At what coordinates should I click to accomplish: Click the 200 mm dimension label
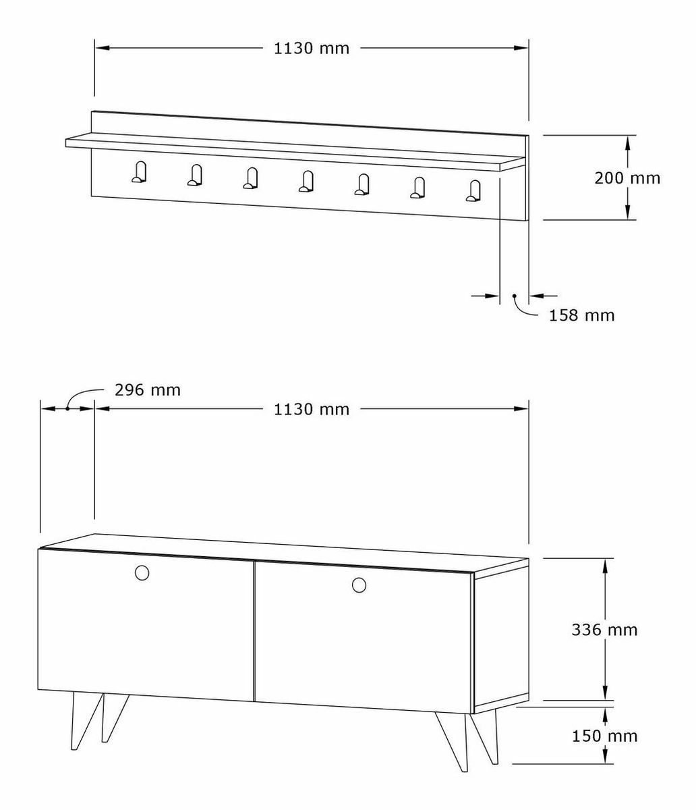tap(627, 178)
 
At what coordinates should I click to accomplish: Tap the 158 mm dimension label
tap(582, 315)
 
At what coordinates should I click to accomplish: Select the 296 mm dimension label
tap(148, 390)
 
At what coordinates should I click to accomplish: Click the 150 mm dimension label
tap(604, 736)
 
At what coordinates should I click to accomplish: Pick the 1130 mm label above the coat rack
tap(311, 48)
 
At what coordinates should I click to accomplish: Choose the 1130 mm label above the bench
tap(311, 409)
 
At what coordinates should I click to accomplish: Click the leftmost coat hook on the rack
tap(139, 172)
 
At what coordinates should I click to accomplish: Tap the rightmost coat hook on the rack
tap(473, 191)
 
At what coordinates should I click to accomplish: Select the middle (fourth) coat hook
tap(306, 182)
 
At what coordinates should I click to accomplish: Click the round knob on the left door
tap(142, 573)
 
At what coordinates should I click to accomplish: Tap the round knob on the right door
tap(359, 585)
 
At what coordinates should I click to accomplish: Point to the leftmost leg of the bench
tap(87, 722)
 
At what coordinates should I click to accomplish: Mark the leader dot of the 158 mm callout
tap(515, 296)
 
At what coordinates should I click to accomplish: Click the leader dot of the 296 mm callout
tap(67, 409)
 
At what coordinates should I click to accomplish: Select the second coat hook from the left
tap(194, 175)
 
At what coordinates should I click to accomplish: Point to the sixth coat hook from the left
tap(417, 188)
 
